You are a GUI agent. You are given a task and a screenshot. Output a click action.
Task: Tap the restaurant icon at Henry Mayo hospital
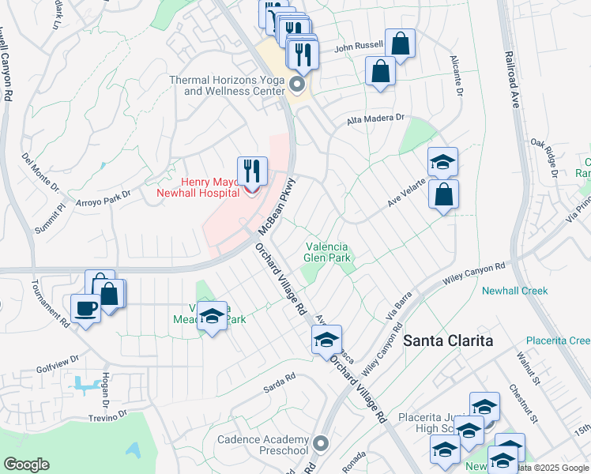[x=252, y=170]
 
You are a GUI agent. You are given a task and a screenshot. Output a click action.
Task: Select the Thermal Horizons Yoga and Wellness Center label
[x=228, y=85]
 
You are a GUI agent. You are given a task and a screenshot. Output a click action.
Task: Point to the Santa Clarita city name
[x=448, y=340]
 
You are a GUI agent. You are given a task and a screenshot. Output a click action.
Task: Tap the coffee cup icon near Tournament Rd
[x=85, y=308]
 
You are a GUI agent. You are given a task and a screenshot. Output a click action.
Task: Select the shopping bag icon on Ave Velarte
[x=444, y=194]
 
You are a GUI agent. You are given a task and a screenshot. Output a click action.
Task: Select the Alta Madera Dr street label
[x=375, y=119]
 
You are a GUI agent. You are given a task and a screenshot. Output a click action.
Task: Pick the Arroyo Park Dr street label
[x=106, y=198]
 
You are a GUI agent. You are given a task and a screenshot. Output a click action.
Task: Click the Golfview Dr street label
[x=58, y=359]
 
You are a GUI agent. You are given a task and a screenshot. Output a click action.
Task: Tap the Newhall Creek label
[x=514, y=291]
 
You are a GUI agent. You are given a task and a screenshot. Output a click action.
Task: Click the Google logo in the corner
[x=27, y=464]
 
